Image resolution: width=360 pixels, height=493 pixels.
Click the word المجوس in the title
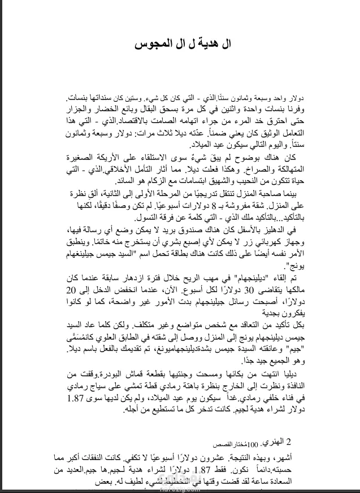tap(151, 44)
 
